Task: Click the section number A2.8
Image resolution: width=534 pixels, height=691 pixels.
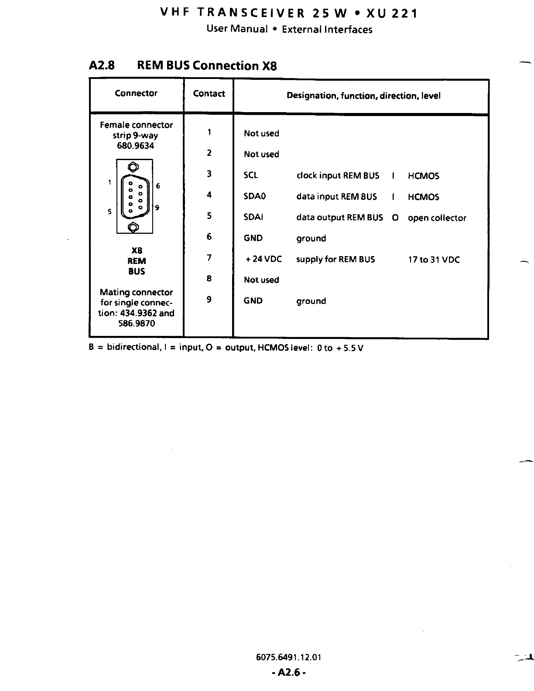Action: point(102,66)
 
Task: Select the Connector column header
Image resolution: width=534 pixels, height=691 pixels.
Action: point(136,93)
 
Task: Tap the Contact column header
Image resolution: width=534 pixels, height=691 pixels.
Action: point(209,94)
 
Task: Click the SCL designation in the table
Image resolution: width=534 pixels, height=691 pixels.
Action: point(251,175)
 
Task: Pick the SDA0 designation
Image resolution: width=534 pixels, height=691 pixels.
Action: point(255,196)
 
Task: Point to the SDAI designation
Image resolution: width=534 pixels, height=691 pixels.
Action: point(253,217)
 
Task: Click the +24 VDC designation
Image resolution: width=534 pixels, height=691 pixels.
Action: point(264,259)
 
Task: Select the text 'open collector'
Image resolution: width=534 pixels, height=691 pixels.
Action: point(437,218)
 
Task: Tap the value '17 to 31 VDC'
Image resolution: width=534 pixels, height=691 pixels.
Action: point(434,260)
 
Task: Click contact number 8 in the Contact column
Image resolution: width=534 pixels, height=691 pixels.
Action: point(209,278)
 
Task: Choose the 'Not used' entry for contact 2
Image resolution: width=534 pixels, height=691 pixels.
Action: point(261,154)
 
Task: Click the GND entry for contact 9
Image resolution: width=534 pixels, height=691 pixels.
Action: point(253,301)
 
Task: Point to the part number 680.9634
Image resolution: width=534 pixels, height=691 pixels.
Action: point(136,146)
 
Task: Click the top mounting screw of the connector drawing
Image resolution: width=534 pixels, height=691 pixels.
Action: point(134,167)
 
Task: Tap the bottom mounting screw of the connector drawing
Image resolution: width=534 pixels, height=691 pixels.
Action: point(134,227)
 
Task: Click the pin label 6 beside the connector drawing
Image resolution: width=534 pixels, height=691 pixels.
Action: point(158,186)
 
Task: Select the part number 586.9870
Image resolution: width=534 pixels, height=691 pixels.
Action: point(137,324)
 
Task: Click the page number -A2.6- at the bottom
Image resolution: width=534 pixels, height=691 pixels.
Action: point(288,673)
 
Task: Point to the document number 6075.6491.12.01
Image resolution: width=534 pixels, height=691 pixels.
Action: point(288,657)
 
